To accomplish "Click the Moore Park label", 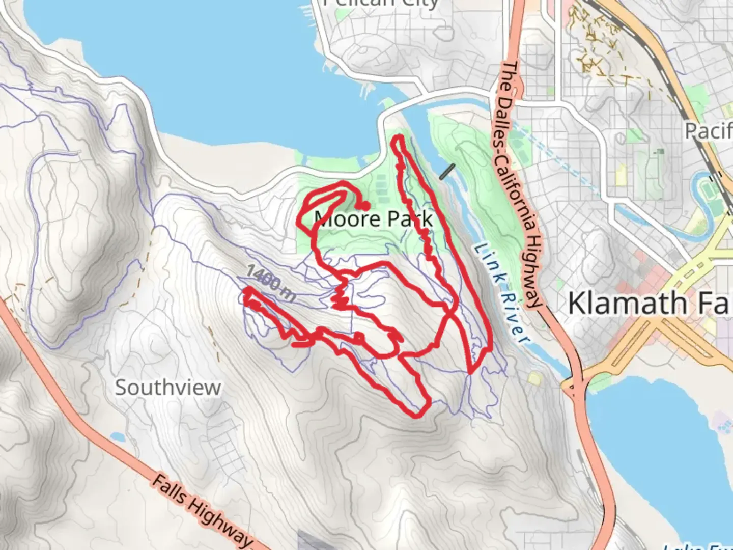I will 374,219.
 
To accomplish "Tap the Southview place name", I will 167,388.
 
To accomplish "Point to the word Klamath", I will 628,303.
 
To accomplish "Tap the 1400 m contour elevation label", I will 270,283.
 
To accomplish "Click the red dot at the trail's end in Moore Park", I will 365,206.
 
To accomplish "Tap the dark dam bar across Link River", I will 446,172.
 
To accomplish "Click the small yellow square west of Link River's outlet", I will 534,378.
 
